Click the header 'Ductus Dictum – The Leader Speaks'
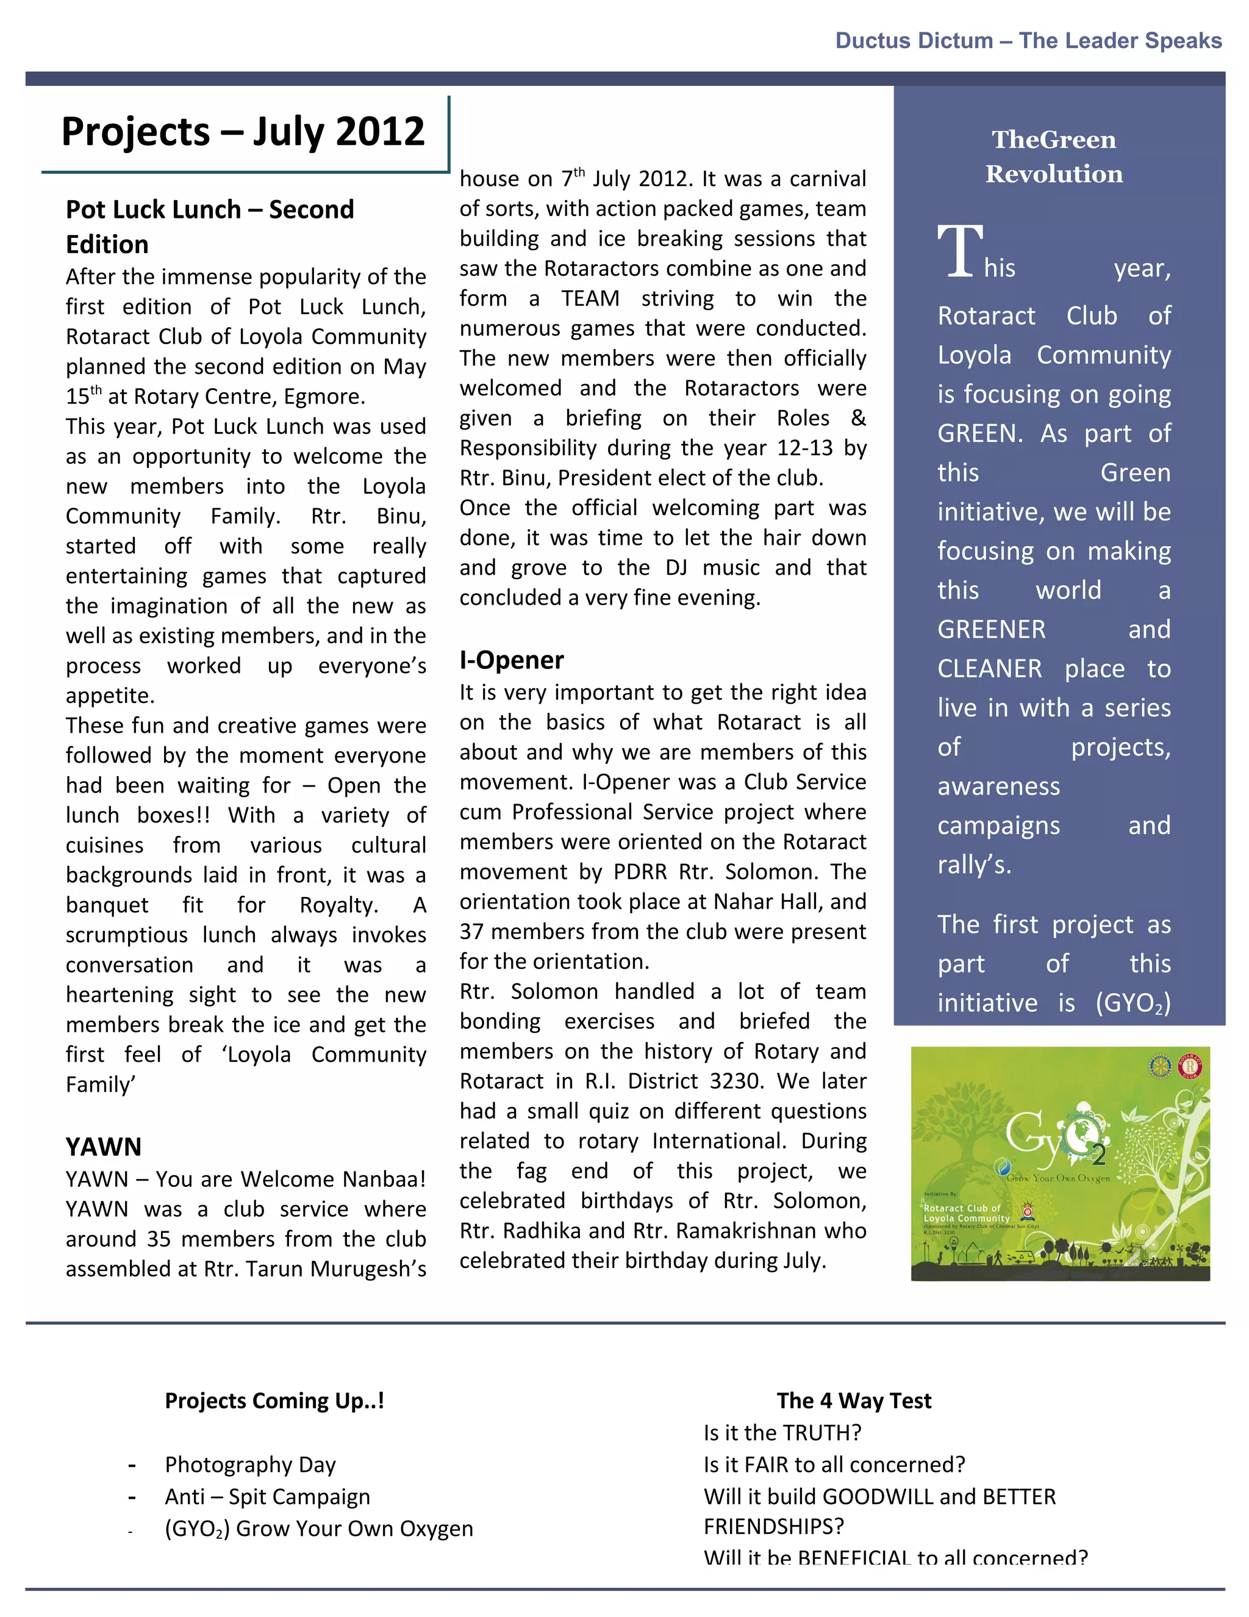coord(1028,41)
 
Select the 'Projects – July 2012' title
coord(243,132)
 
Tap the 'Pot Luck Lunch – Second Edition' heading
coord(209,226)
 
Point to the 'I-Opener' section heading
coord(511,660)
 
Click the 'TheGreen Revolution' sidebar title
coord(1054,156)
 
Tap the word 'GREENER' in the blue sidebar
coord(992,629)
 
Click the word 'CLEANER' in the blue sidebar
coord(989,669)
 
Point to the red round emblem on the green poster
coord(1190,1067)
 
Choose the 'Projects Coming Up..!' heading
coord(274,1401)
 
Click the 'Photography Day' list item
coord(250,1464)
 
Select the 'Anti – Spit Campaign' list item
coord(267,1496)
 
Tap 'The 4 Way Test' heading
coord(854,1401)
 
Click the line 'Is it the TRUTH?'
coord(782,1433)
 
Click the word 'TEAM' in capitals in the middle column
coord(590,298)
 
